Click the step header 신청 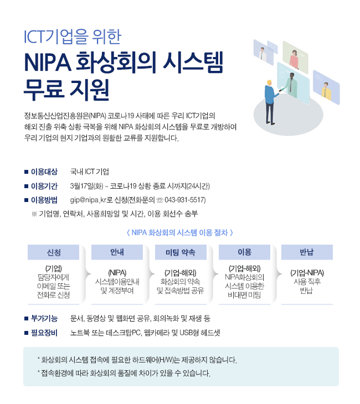tap(53, 252)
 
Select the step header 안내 tap(117, 252)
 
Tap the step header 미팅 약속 tap(181, 252)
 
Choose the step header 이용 tap(244, 252)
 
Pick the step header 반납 tap(307, 252)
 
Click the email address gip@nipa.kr tap(88, 200)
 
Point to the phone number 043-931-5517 tap(184, 200)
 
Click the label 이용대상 tap(44, 172)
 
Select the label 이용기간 tap(44, 186)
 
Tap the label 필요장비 tap(44, 333)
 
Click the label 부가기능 tap(44, 318)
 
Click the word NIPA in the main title tap(48, 63)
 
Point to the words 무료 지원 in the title tap(66, 90)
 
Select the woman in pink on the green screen tap(294, 59)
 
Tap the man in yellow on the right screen tap(326, 91)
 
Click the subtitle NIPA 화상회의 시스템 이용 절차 tap(180, 233)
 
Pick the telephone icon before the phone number tap(160, 200)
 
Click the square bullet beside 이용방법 tap(26, 200)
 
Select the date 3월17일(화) tap(86, 186)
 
